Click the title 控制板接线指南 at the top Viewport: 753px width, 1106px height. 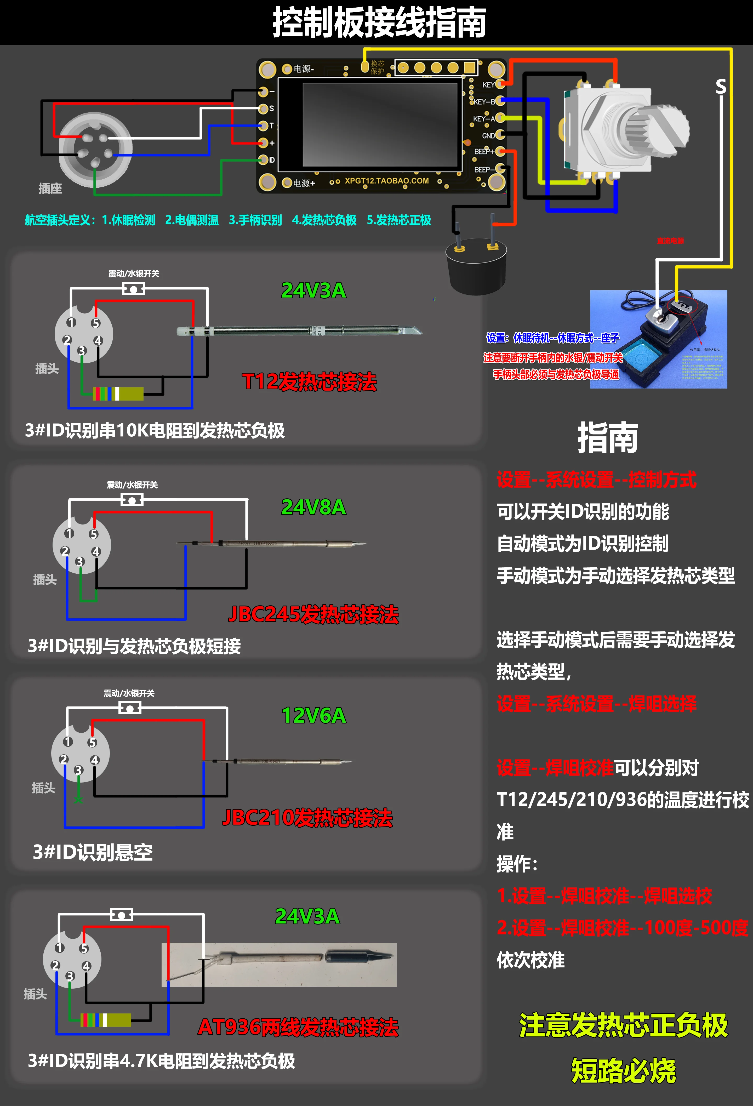(x=379, y=22)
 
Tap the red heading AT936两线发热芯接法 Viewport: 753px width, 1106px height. (x=298, y=1027)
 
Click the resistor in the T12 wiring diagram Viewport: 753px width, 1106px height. (x=118, y=394)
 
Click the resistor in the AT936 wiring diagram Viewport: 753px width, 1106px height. (x=106, y=1020)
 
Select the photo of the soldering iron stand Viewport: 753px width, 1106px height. (x=658, y=339)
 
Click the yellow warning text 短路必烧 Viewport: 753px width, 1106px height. (x=624, y=1071)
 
